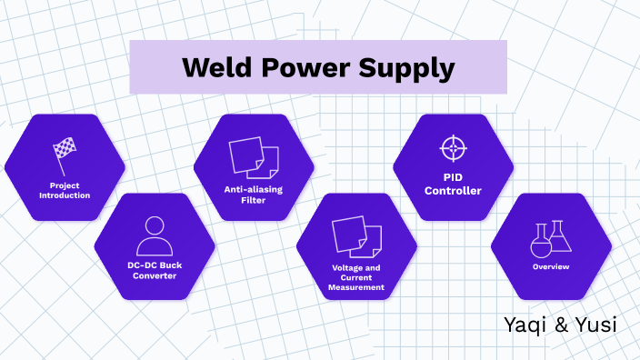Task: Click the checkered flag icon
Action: click(64, 154)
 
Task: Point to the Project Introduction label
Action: click(65, 191)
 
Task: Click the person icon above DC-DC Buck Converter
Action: click(155, 234)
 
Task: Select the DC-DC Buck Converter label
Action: click(155, 271)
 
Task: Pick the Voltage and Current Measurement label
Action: click(357, 276)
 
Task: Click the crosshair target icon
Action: click(453, 147)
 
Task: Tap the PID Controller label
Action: click(453, 185)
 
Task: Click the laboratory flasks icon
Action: click(551, 236)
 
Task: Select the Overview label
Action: click(551, 266)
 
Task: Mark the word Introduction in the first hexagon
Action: click(65, 195)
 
